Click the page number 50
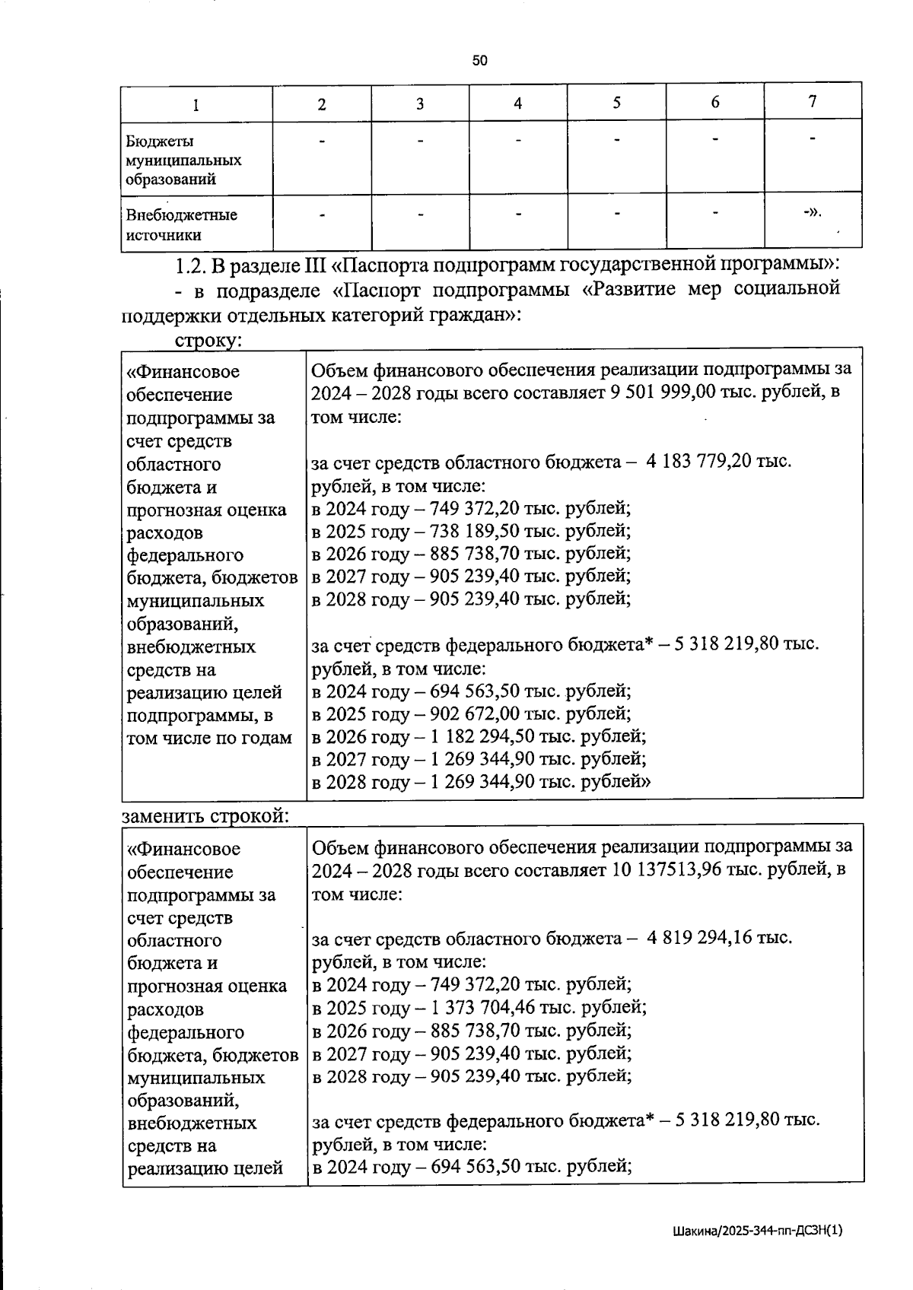click(x=479, y=61)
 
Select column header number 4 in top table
click(x=518, y=103)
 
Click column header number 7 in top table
click(x=813, y=102)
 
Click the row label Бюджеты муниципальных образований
click(x=183, y=160)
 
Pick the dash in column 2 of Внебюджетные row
click(x=322, y=215)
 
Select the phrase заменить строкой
click(x=205, y=815)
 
